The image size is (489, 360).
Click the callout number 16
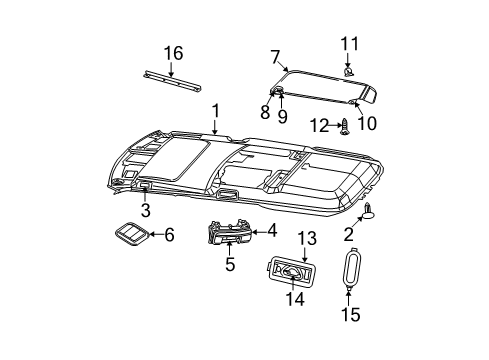(174, 52)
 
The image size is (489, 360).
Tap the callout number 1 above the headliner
(214, 111)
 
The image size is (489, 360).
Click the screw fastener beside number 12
(345, 127)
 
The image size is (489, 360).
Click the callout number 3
(144, 211)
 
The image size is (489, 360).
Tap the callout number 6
(168, 235)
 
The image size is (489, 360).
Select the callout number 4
(271, 230)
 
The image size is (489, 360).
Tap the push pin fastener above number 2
(370, 209)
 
